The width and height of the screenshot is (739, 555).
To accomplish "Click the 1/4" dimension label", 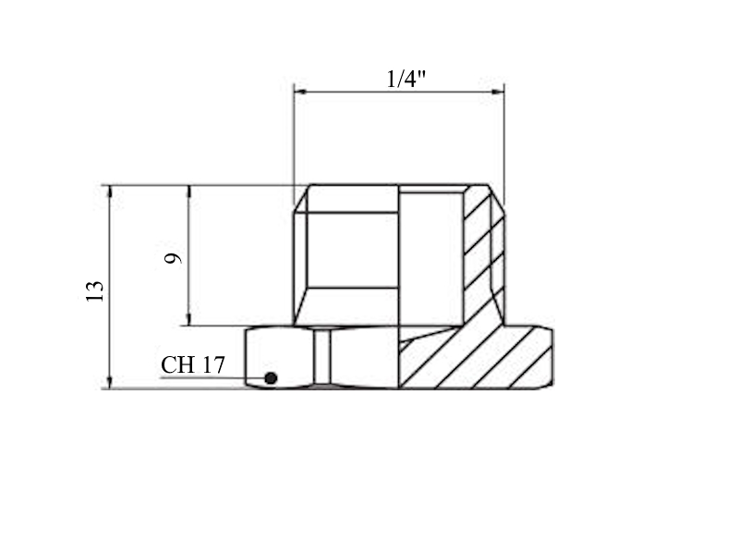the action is click(x=406, y=79).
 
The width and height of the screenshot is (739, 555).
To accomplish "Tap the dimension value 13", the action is click(x=95, y=290).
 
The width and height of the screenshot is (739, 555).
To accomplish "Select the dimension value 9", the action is click(x=173, y=258).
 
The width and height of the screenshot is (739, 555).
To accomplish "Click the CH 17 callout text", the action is click(x=193, y=364).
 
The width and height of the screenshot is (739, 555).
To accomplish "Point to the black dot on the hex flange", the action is click(x=271, y=378).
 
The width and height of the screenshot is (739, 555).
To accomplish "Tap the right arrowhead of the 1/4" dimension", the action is click(x=498, y=92).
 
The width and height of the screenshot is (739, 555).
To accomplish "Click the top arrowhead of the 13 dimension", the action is click(x=110, y=191).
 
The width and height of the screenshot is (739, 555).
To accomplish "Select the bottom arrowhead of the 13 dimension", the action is click(x=110, y=382).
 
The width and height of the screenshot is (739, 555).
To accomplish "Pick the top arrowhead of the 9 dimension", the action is click(x=189, y=191).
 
